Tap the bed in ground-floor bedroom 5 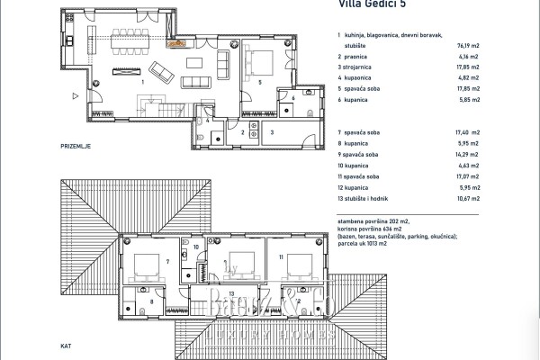click(x=256, y=63)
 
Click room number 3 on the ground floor click(x=272, y=131)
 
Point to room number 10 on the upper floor click(x=196, y=246)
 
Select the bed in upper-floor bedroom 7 click(x=143, y=266)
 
